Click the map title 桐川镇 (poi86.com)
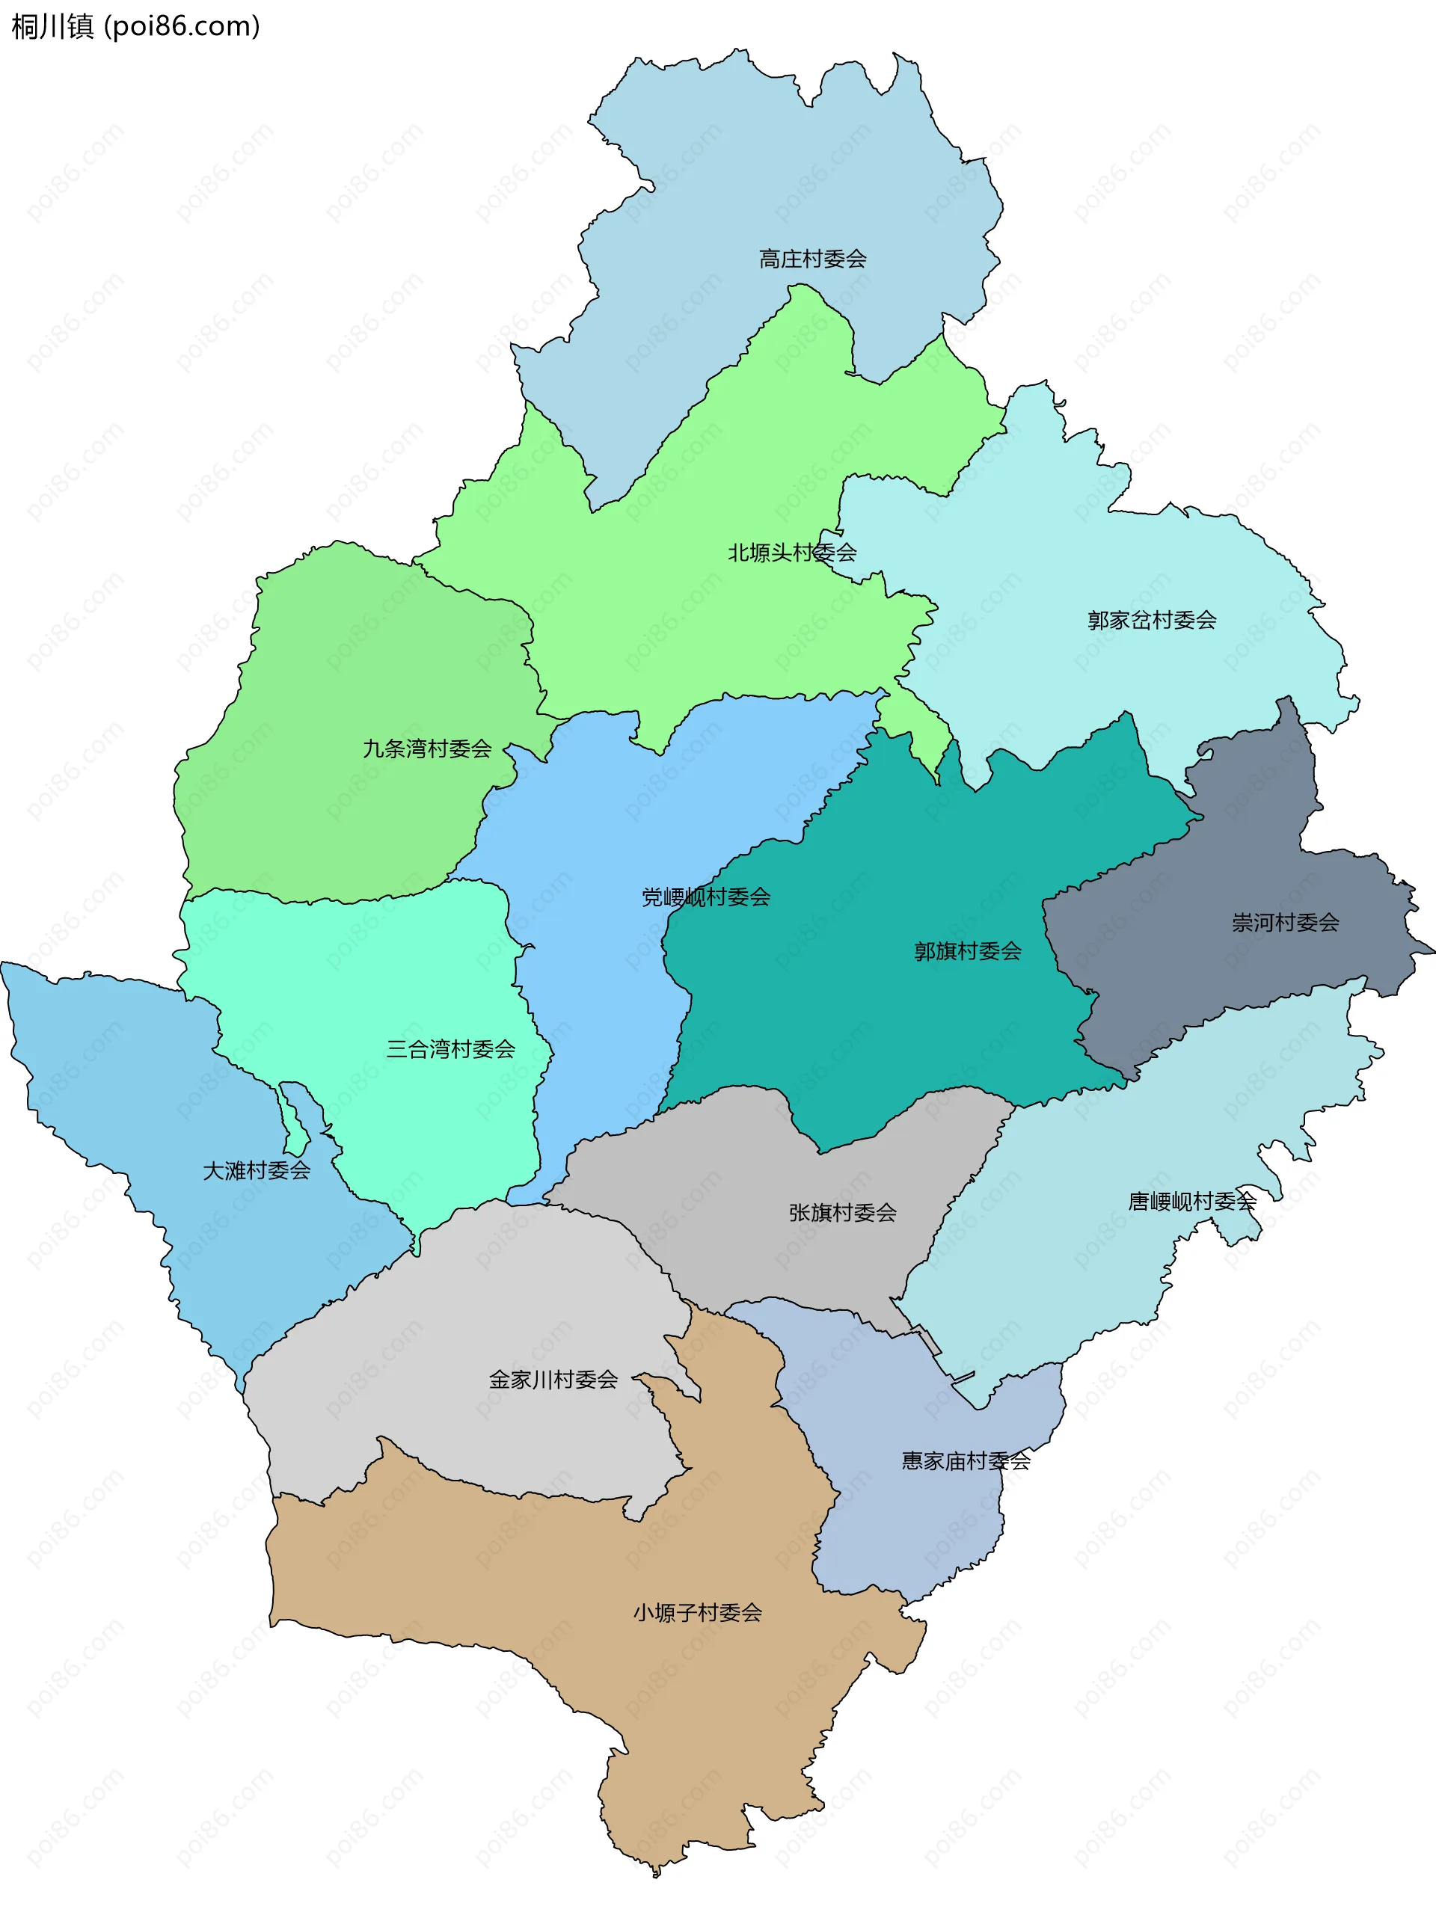(135, 27)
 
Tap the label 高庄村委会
(812, 259)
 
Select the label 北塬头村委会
(791, 553)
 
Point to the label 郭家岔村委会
(1151, 621)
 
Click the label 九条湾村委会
(427, 749)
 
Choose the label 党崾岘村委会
(705, 897)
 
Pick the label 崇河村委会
(1285, 923)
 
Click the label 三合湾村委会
(450, 1050)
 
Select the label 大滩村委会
(257, 1171)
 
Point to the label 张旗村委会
(842, 1213)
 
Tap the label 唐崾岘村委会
(1191, 1201)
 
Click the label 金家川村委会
(553, 1380)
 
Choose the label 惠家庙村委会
(965, 1461)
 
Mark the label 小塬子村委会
(697, 1613)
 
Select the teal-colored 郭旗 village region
(869, 1026)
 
